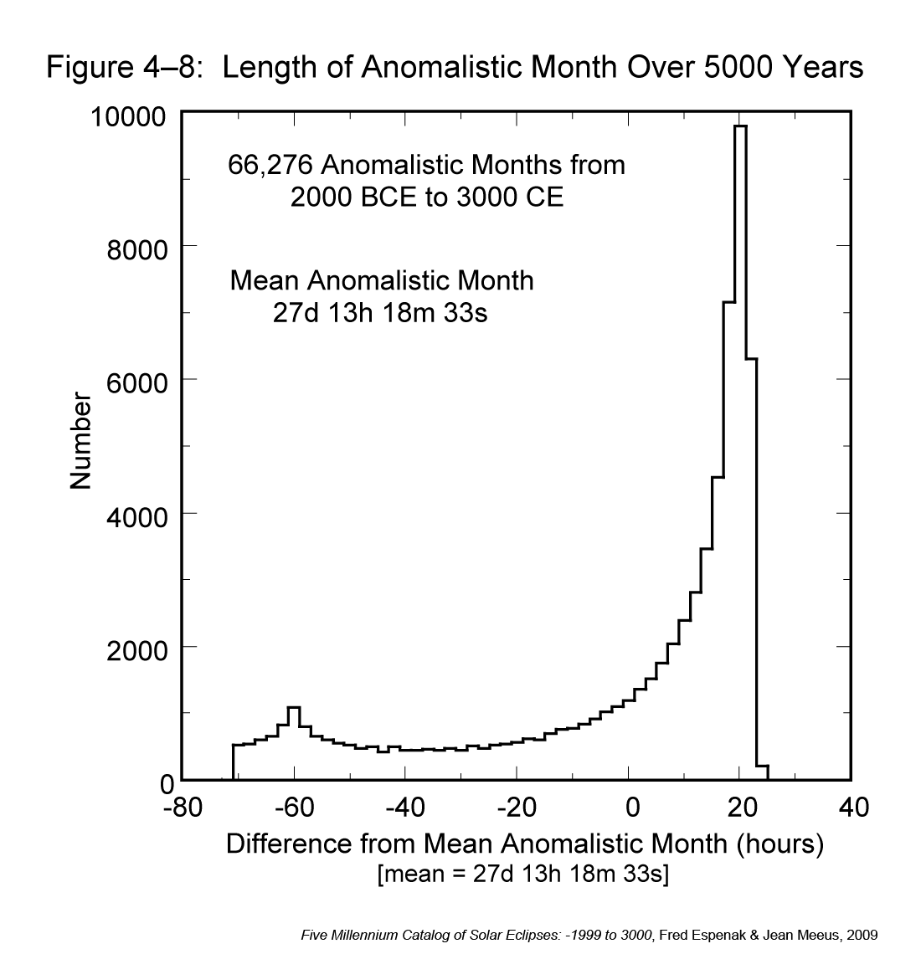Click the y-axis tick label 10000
coord(130,116)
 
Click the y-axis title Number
coord(80,441)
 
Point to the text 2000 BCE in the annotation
coord(357,198)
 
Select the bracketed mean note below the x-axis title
coord(523,874)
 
